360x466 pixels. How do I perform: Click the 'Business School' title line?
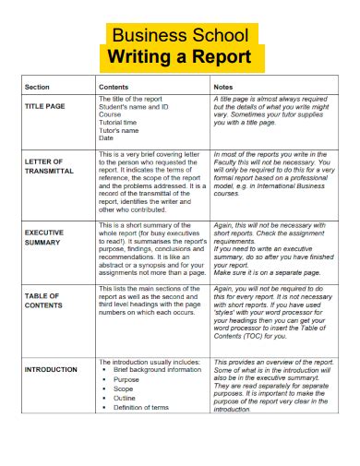[179, 36]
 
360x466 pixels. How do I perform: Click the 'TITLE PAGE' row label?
[44, 106]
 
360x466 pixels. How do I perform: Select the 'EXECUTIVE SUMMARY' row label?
[44, 238]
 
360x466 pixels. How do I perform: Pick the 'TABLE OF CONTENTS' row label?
[43, 300]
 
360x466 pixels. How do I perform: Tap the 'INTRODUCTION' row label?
[52, 369]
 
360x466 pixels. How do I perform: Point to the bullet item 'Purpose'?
[126, 379]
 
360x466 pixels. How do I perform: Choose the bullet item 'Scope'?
[123, 388]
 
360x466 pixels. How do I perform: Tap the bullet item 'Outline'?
[125, 399]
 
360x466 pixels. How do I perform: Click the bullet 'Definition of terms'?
[144, 408]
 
